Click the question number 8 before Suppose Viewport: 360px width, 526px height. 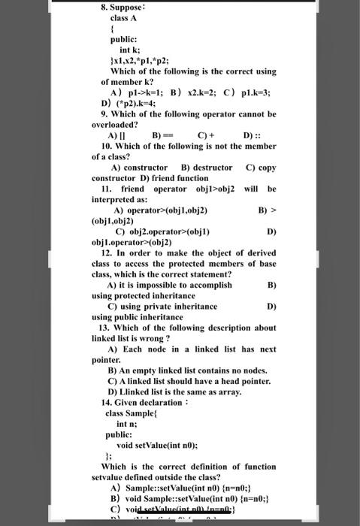tap(105, 7)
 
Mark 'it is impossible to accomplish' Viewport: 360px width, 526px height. tap(180, 286)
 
